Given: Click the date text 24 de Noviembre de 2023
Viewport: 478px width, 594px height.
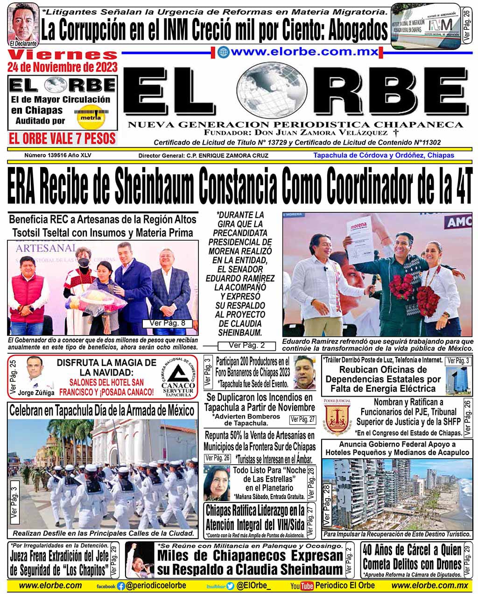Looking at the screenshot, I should tap(62, 67).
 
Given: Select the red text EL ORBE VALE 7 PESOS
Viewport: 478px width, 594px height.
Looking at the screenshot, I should tap(62, 138).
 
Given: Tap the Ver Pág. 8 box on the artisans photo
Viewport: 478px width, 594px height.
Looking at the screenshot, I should tap(167, 323).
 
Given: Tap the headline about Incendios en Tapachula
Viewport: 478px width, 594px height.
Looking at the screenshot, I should tap(260, 402).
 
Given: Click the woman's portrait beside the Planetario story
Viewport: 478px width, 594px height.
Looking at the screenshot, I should tap(217, 482).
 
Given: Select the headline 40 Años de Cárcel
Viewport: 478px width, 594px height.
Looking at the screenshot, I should tap(412, 557).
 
